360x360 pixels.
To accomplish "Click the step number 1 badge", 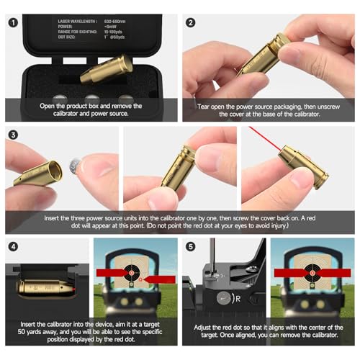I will coord(13,22).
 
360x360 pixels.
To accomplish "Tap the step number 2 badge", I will coord(191,22).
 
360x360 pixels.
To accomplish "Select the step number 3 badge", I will coord(13,135).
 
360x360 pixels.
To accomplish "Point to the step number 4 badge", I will coord(13,247).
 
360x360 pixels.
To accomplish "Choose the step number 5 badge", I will coord(191,247).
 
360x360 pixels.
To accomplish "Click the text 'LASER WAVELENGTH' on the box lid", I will coord(77,22).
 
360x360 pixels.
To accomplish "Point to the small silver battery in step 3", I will coord(73,167).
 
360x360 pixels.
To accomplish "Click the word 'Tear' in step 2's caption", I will coord(204,106).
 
